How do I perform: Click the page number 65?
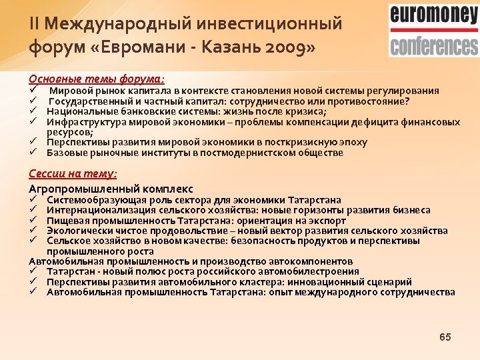click(445, 337)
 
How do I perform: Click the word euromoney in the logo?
click(433, 15)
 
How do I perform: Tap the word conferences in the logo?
click(433, 45)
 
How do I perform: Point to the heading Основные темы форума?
click(96, 78)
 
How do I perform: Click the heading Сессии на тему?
click(73, 173)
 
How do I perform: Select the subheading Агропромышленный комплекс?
click(111, 188)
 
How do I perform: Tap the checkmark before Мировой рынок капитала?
click(32, 91)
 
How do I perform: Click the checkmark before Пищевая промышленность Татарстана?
click(33, 221)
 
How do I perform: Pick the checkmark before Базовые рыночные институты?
click(32, 153)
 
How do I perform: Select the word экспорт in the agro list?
click(327, 221)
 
